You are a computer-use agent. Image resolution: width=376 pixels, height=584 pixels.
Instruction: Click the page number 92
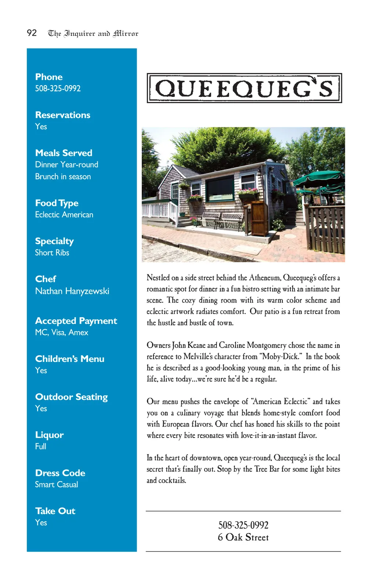click(x=32, y=33)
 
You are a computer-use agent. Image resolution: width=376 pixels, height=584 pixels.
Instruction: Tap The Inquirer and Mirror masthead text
click(x=93, y=34)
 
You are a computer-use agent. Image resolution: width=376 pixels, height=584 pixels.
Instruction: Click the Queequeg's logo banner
click(x=244, y=88)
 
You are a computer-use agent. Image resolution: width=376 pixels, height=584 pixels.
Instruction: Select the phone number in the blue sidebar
click(x=58, y=88)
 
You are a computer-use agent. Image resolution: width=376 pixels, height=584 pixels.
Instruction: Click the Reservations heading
click(x=63, y=115)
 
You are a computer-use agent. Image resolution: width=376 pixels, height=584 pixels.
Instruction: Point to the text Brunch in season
click(x=63, y=177)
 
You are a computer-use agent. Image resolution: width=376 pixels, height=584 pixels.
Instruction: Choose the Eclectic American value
click(x=64, y=215)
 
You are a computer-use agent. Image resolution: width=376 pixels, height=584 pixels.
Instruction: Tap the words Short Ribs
click(x=52, y=253)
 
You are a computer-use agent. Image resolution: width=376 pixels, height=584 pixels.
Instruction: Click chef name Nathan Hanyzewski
click(x=72, y=291)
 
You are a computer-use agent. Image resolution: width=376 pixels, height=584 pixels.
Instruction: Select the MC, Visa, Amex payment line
click(x=62, y=333)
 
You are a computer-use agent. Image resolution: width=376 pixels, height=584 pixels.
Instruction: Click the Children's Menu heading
click(x=70, y=359)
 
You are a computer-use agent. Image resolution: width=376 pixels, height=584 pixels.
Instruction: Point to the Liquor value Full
click(x=41, y=446)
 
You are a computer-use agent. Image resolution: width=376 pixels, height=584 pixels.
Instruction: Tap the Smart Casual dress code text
click(x=57, y=485)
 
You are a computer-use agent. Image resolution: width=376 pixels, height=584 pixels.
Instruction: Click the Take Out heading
click(x=55, y=511)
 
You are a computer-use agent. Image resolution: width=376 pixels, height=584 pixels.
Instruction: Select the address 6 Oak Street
click(x=243, y=537)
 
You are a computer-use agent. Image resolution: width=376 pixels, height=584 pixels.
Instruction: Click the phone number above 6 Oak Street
click(x=243, y=525)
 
